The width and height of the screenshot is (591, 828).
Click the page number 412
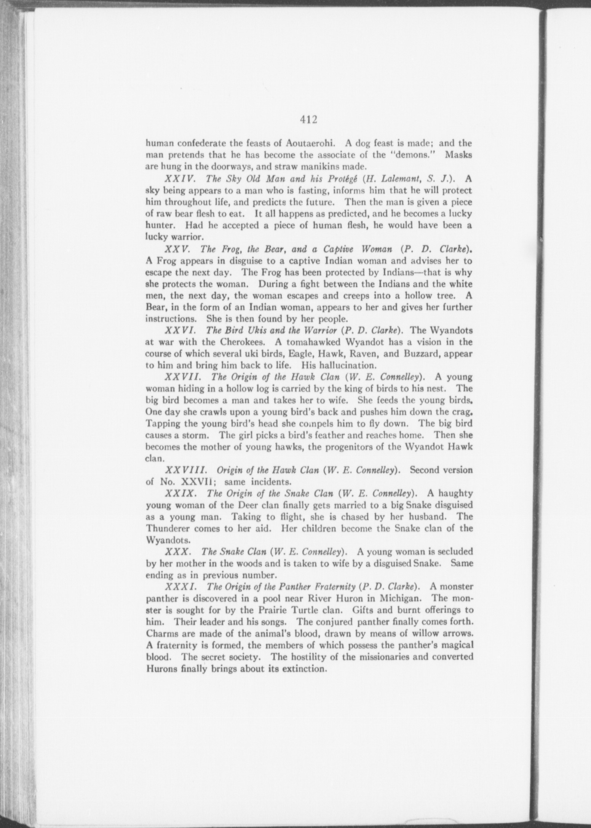(308, 120)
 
